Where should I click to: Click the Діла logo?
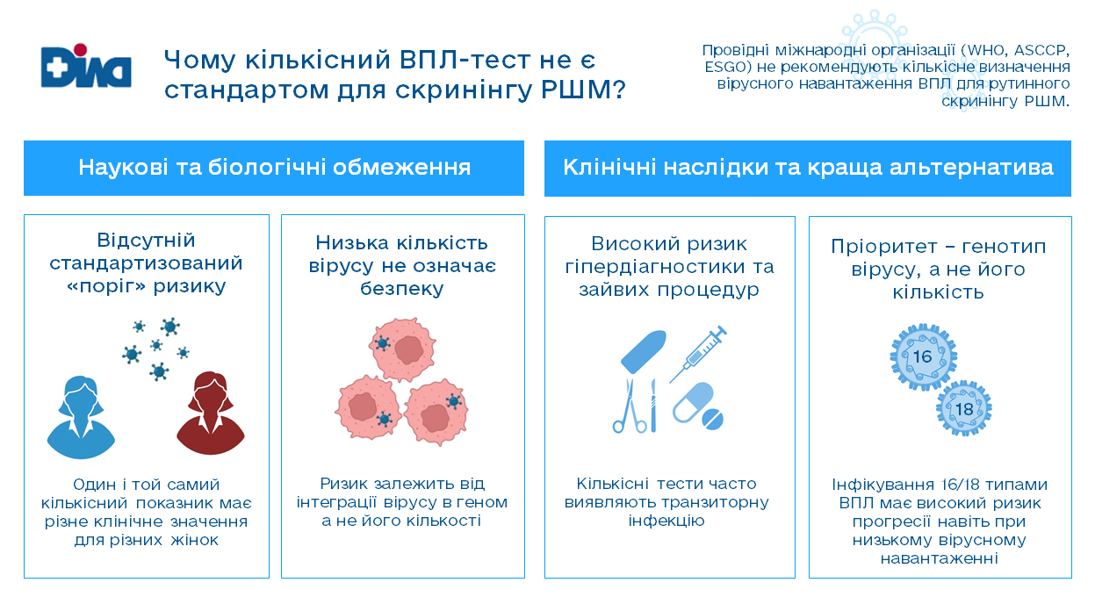[x=86, y=66]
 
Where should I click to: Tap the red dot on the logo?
[x=81, y=50]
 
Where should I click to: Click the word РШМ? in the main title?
[x=583, y=90]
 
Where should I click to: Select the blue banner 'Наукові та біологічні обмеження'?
[x=274, y=169]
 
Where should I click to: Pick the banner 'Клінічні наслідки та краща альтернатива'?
[x=808, y=169]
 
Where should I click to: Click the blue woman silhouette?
[x=81, y=417]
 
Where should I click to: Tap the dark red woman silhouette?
[x=210, y=414]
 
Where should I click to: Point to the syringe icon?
[x=698, y=354]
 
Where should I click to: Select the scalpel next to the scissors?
[x=652, y=406]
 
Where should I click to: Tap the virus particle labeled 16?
[x=923, y=357]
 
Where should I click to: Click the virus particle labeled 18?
[x=964, y=409]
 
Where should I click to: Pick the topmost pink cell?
[x=402, y=349]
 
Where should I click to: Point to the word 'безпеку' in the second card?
[x=402, y=289]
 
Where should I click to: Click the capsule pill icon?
[x=694, y=403]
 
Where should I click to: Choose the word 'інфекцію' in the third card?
[x=666, y=521]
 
